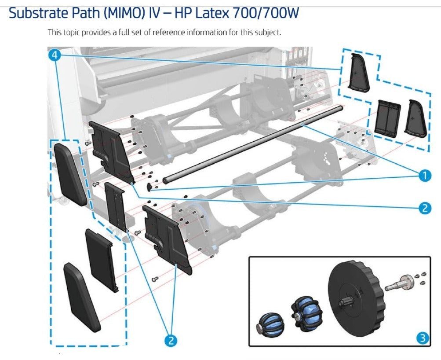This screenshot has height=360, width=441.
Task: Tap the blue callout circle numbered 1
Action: [423, 176]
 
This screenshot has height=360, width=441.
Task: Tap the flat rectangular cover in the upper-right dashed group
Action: [388, 117]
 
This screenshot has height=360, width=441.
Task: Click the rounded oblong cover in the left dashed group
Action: [69, 175]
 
